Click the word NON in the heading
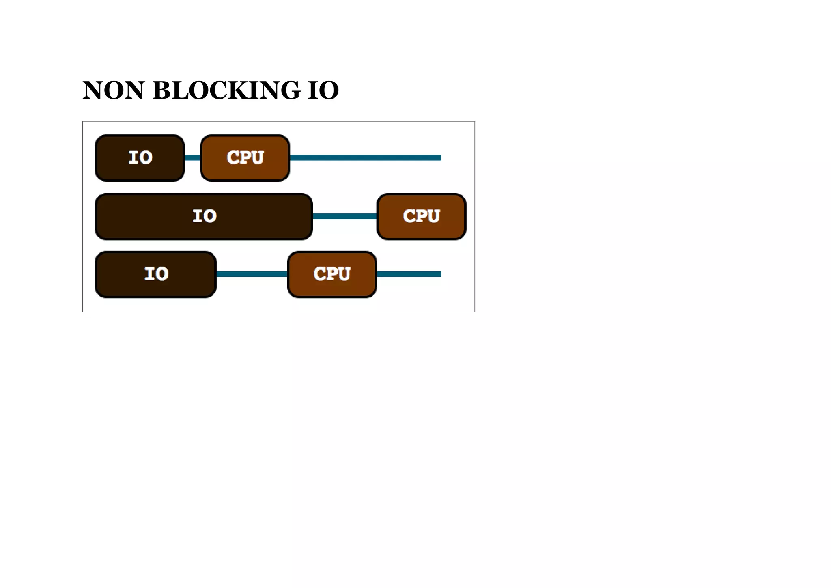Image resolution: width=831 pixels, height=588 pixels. tap(113, 90)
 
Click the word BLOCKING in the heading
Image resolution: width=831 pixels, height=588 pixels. tap(226, 90)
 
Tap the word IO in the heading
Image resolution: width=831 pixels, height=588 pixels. tap(323, 90)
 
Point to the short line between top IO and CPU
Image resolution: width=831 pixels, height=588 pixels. tap(193, 158)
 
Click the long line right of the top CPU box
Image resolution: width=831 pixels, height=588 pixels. tap(365, 158)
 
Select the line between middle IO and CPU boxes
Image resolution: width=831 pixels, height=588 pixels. tap(345, 216)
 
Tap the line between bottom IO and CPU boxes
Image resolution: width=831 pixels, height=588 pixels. tap(252, 274)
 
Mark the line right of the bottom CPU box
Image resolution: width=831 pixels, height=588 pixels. tap(409, 274)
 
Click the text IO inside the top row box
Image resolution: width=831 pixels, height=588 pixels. tap(140, 157)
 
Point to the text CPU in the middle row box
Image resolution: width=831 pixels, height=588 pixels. tap(421, 216)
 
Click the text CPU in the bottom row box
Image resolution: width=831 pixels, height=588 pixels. tap(332, 274)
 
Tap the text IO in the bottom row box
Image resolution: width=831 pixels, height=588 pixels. tap(156, 274)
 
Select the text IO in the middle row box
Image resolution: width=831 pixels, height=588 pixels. tap(204, 216)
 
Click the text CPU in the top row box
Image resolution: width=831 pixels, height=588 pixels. tap(245, 157)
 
